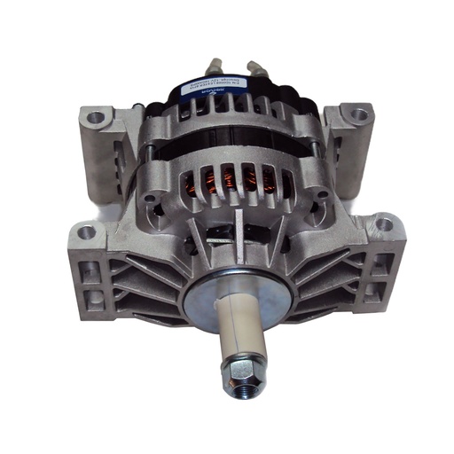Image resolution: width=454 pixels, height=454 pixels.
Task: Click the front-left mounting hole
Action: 86,232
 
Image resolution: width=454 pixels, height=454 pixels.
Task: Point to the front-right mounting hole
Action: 384,225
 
